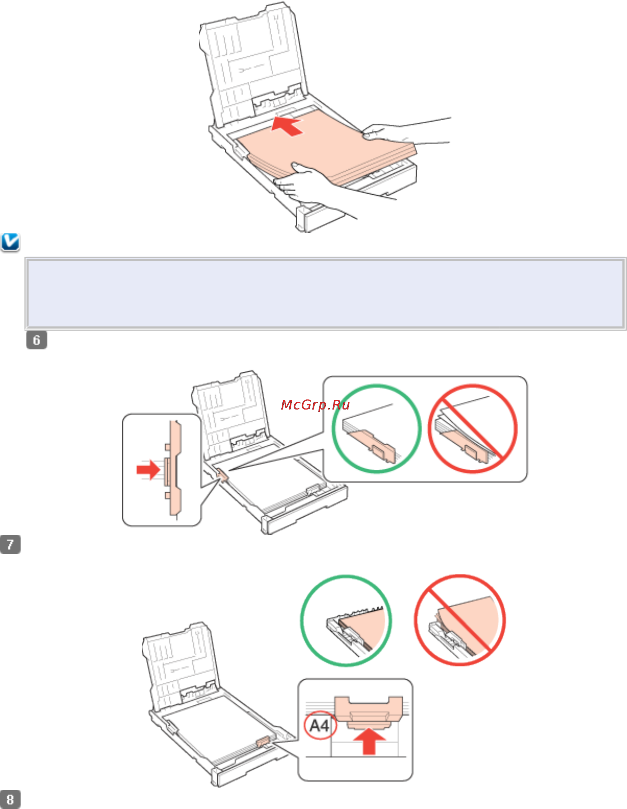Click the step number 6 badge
[37, 340]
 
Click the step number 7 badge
[10, 544]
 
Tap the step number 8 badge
[10, 799]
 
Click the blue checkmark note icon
[10, 243]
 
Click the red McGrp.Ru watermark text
[315, 405]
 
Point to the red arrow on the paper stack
[287, 125]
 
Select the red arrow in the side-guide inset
[148, 470]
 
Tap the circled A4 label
[320, 725]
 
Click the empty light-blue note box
[325, 293]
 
